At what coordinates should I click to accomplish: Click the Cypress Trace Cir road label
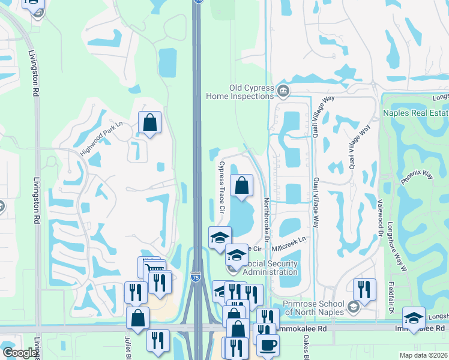coord(221,187)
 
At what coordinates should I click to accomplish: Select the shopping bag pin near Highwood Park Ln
coord(149,122)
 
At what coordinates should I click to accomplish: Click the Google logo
coord(20,353)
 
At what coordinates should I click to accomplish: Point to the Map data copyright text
coord(423,355)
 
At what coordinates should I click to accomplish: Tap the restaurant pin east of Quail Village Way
coord(364,290)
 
